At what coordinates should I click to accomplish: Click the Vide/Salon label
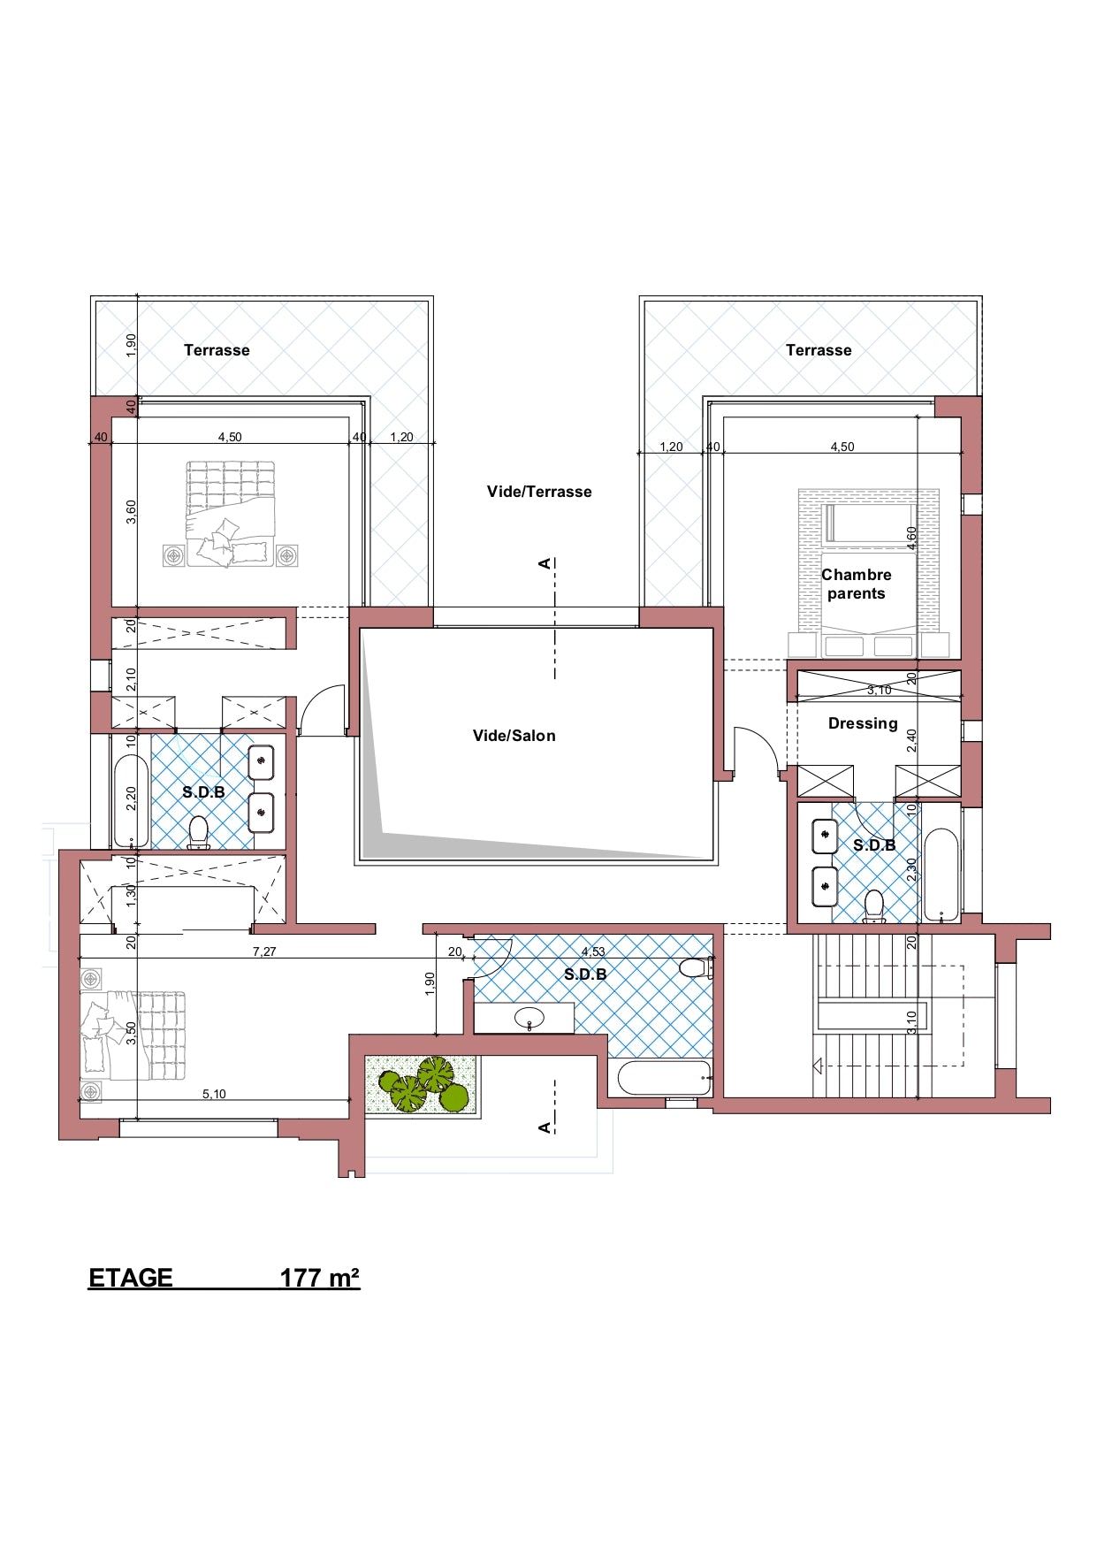(x=514, y=736)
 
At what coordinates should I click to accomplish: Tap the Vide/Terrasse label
(x=539, y=492)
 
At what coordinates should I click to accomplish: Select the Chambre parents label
(x=856, y=584)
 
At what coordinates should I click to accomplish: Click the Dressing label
(x=863, y=723)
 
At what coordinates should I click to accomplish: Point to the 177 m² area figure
(x=320, y=1278)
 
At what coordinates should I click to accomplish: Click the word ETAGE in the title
(x=131, y=1278)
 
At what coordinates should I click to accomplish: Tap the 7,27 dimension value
(x=264, y=951)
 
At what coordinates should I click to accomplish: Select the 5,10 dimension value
(x=214, y=1094)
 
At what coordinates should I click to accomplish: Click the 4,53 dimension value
(x=593, y=951)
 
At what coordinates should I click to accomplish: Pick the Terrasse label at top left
(x=217, y=350)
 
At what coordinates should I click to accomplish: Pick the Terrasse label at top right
(x=819, y=350)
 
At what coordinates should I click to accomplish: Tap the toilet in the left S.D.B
(x=198, y=833)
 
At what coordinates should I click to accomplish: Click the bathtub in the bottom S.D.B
(x=664, y=1078)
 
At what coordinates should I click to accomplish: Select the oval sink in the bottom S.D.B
(x=529, y=1018)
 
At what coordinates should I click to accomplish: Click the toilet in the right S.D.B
(x=873, y=906)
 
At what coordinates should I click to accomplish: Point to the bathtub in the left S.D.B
(x=131, y=801)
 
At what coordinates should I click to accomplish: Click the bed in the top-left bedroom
(x=230, y=513)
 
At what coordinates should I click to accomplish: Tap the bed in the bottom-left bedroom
(x=133, y=1035)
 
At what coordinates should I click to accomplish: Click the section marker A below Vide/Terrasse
(x=545, y=563)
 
